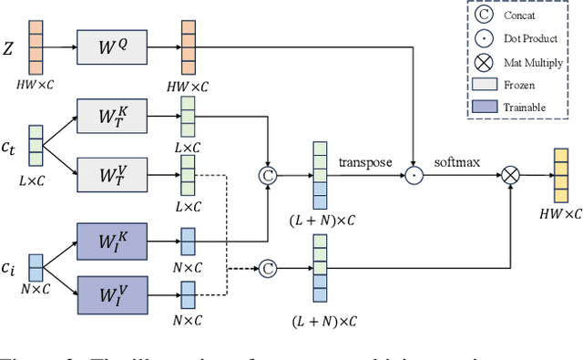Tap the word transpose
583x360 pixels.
pos(365,162)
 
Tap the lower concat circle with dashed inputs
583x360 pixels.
pos(267,268)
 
